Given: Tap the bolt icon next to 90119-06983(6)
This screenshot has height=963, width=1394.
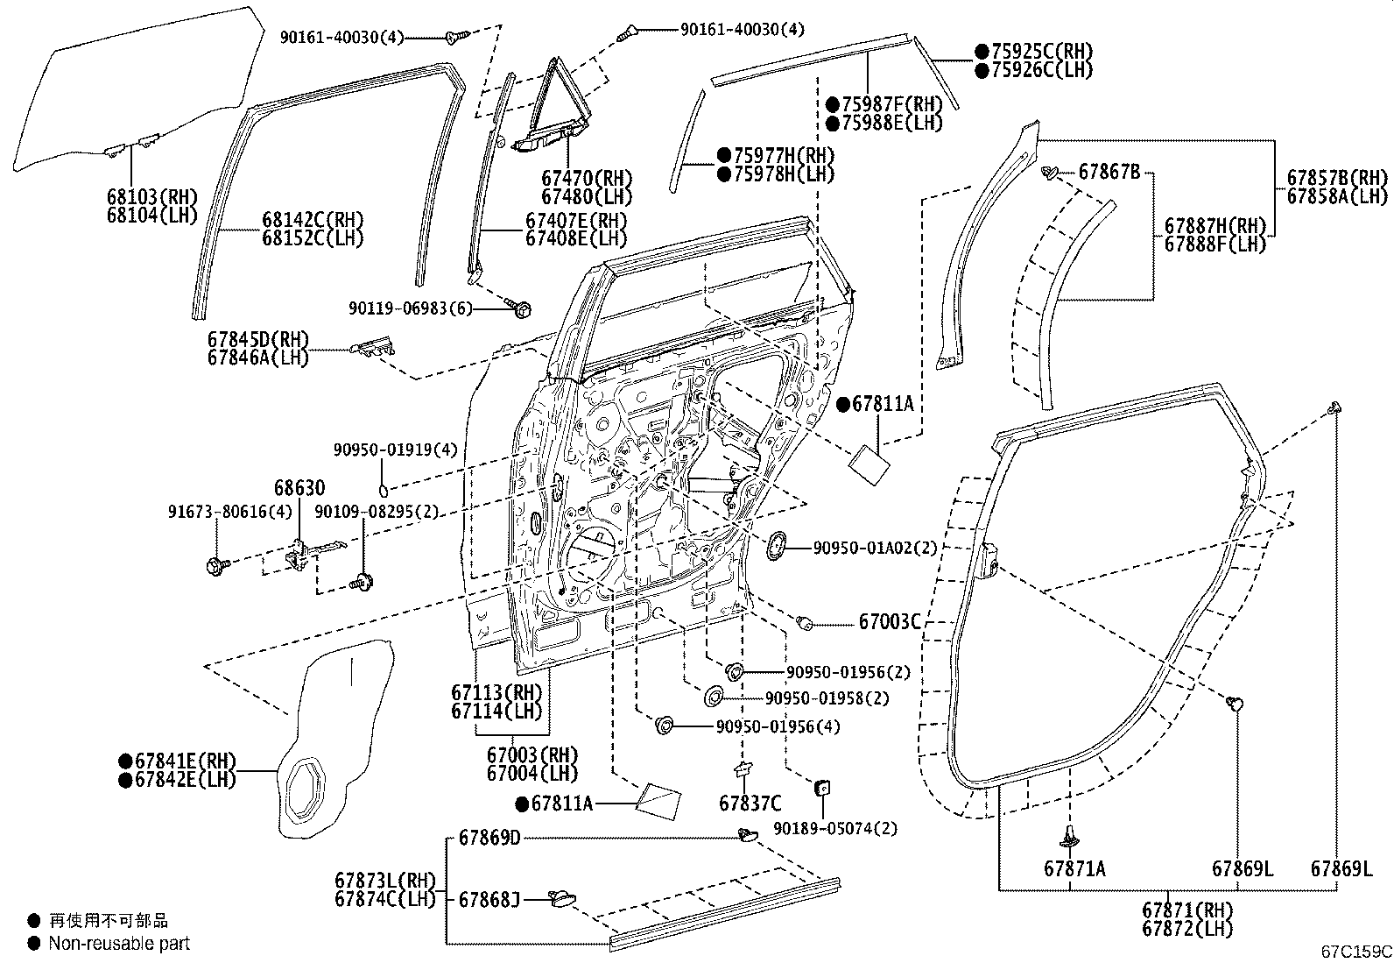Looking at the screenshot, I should (519, 308).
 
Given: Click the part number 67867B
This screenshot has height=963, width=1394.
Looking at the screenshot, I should (1109, 172).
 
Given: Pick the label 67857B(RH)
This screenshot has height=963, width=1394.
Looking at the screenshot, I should (1337, 177).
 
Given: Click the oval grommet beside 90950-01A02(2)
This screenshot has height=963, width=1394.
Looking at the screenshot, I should (776, 546).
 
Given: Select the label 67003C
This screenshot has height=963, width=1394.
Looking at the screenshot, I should (889, 622).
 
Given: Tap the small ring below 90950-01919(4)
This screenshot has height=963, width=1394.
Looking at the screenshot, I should (384, 488).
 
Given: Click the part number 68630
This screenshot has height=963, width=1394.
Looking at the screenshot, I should (299, 488).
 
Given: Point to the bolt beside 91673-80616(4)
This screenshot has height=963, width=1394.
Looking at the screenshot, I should (215, 566).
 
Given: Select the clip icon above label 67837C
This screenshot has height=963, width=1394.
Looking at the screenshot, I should (743, 768).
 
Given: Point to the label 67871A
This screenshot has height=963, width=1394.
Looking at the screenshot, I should (1074, 868).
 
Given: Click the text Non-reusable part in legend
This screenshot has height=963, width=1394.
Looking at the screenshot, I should (119, 944).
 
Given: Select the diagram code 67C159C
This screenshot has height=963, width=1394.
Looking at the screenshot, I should (1356, 951).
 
